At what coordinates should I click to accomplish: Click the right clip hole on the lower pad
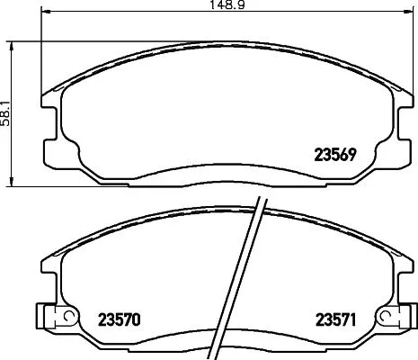point(387,316)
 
